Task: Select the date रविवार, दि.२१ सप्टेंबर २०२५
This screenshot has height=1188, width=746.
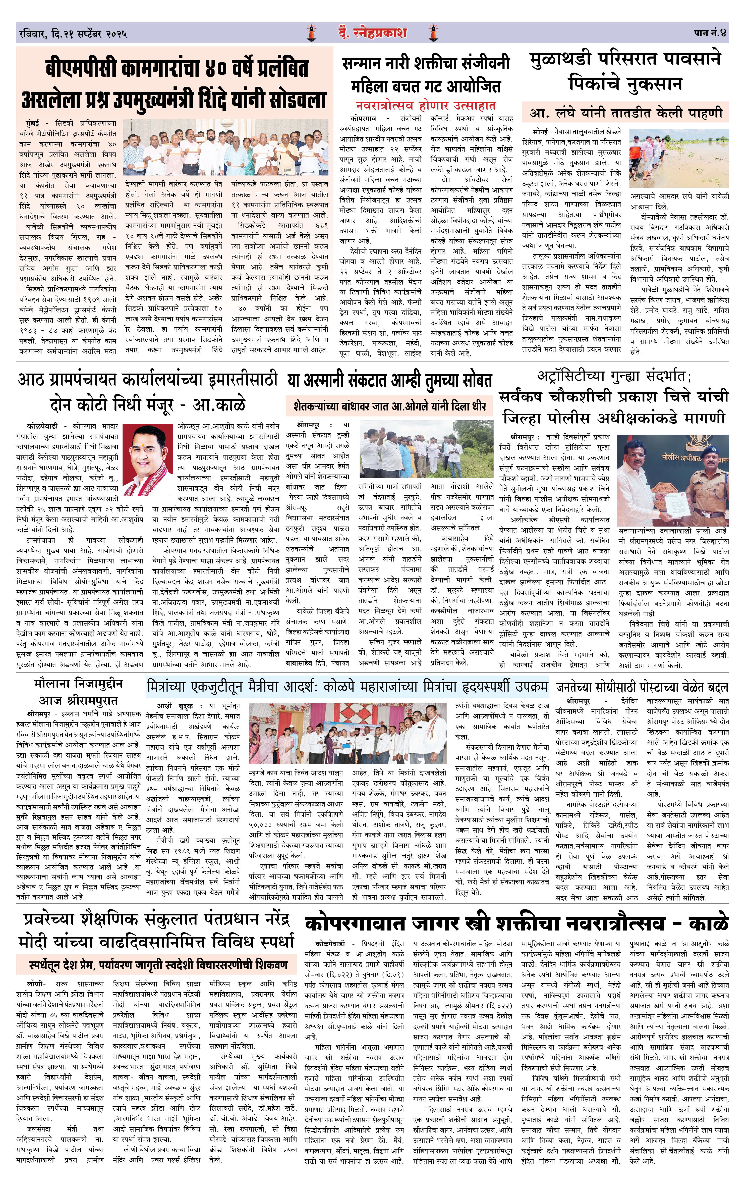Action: (x=73, y=34)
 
